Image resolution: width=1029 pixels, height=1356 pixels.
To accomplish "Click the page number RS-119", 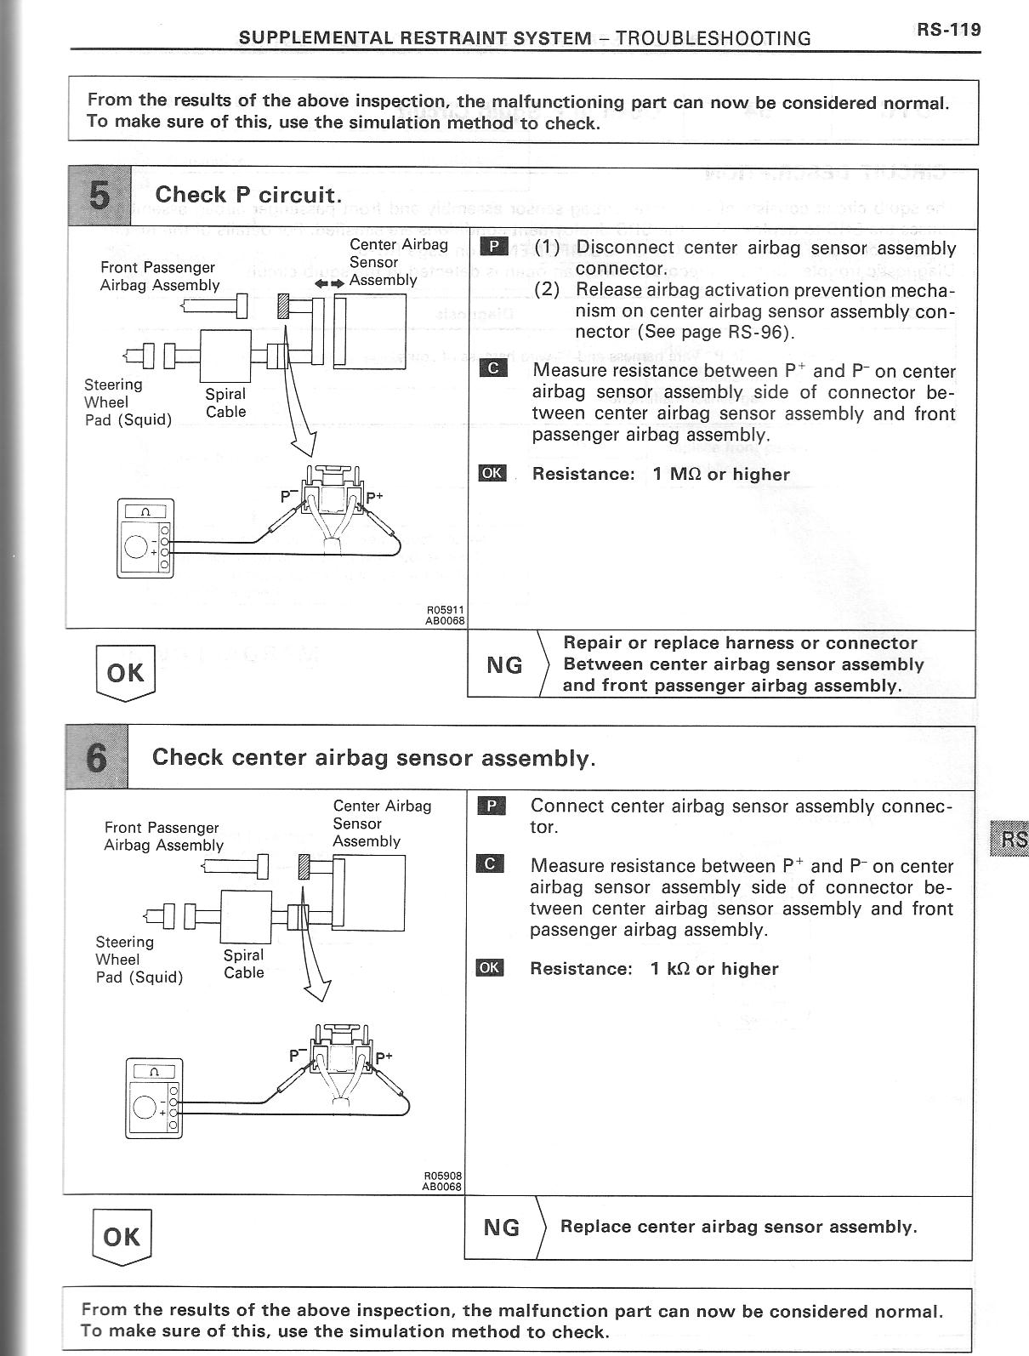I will [948, 30].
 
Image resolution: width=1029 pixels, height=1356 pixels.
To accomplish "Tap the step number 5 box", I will [99, 197].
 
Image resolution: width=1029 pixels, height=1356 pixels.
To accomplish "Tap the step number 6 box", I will [96, 757].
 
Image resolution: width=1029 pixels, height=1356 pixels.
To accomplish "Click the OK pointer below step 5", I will [126, 673].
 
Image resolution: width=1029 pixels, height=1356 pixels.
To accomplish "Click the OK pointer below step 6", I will [122, 1236].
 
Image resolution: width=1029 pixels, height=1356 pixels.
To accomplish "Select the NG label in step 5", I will [504, 665].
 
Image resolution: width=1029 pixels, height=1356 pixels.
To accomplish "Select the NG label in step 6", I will [502, 1228].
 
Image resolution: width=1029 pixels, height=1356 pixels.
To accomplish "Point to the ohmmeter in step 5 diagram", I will [145, 538].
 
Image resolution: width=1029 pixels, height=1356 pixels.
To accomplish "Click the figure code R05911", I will [443, 610].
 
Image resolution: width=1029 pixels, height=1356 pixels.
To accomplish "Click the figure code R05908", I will [441, 1175].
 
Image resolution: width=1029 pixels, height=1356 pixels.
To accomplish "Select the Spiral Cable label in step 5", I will [225, 403].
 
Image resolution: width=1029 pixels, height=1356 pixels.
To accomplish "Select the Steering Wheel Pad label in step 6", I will [139, 960].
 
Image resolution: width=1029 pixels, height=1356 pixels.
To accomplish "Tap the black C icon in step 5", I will [493, 369].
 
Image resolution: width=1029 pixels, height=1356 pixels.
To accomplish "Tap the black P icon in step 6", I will [492, 806].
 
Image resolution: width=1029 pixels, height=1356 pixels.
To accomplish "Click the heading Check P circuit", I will [248, 195].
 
